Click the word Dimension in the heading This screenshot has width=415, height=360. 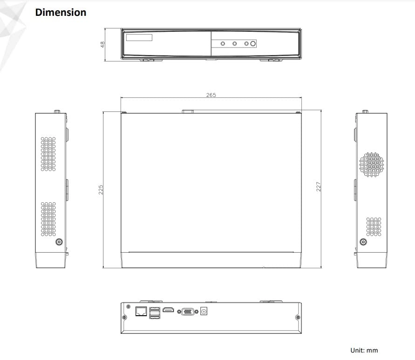[61, 13]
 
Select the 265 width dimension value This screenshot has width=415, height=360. [211, 95]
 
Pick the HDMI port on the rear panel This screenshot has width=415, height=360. [169, 311]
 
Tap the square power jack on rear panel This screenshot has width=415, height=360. [204, 312]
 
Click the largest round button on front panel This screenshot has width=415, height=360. [253, 44]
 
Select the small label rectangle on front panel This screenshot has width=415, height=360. [140, 37]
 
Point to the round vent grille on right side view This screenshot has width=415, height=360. [371, 164]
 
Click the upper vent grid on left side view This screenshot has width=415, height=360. [48, 153]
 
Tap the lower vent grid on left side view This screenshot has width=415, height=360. [48, 219]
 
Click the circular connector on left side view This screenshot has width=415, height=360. [59, 242]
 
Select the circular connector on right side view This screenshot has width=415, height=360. [363, 242]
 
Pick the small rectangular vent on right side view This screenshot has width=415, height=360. [374, 226]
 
